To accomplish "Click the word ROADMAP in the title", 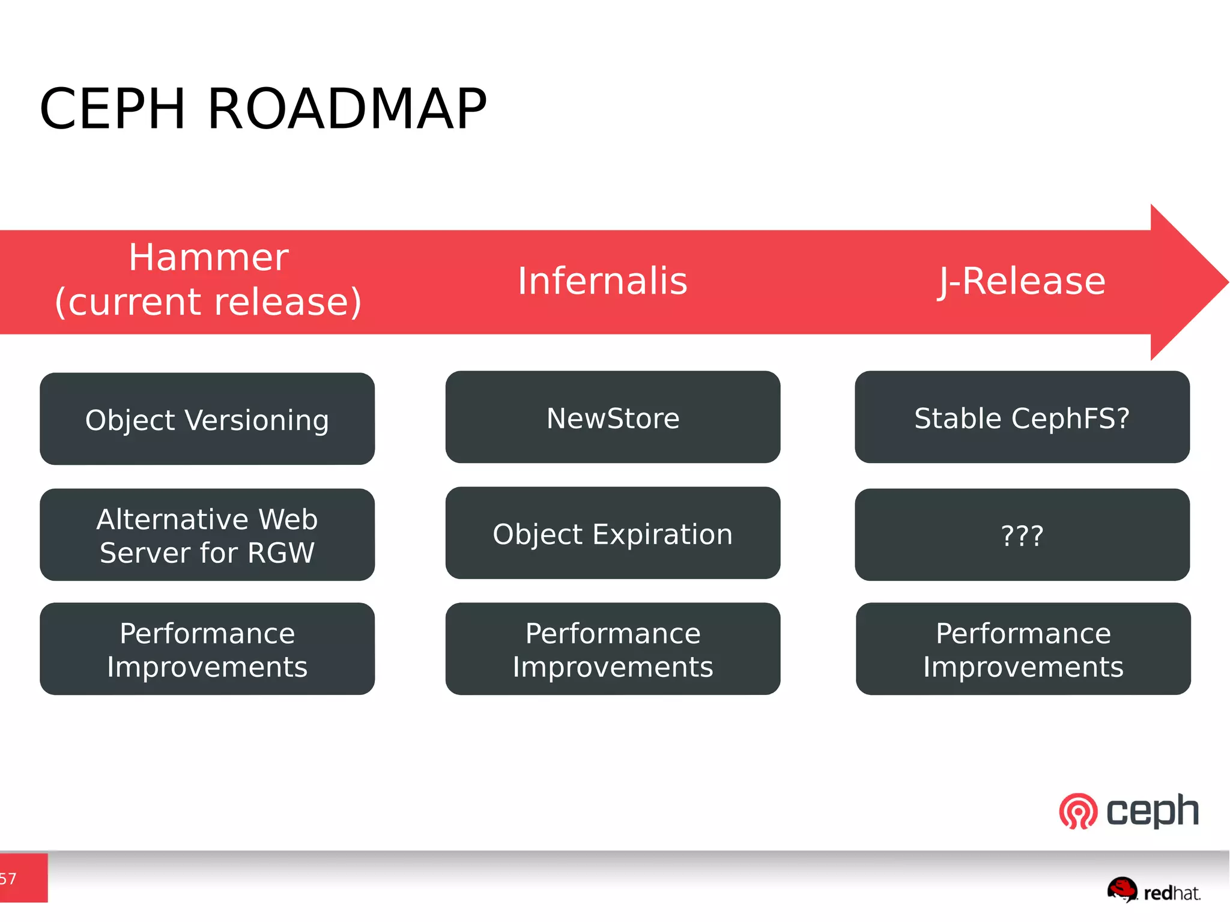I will (x=347, y=109).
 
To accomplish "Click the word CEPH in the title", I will (x=112, y=109).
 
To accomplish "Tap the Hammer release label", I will (x=208, y=258).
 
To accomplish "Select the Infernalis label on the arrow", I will (x=602, y=281).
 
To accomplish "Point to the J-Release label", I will (x=1022, y=281).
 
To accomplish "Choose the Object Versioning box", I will (x=207, y=419).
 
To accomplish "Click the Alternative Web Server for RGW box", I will (x=207, y=535).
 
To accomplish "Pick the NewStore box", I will (x=613, y=417).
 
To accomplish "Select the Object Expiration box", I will (x=613, y=533).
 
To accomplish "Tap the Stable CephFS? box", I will (x=1022, y=417).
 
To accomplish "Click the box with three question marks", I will (x=1022, y=535).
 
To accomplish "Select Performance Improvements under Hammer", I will (x=207, y=649).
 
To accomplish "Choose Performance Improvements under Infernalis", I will (x=613, y=649).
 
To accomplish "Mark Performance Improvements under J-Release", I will (x=1023, y=649).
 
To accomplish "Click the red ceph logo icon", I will (x=1078, y=811).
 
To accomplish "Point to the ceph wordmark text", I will (x=1152, y=811).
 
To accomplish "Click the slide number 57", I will (x=8, y=879).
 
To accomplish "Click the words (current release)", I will (x=208, y=302).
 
